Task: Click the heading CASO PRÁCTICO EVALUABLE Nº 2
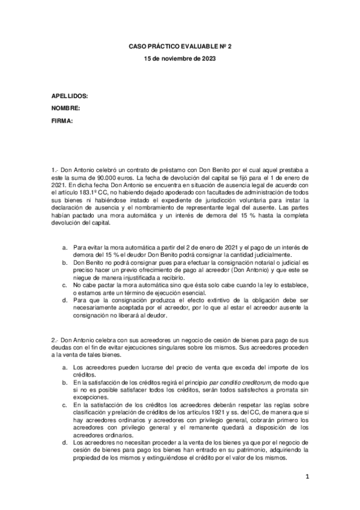[180, 46]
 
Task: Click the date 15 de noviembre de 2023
[180, 58]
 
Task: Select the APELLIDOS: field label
[70, 96]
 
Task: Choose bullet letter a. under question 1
[64, 247]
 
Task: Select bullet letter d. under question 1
[64, 299]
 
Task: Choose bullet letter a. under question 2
[64, 367]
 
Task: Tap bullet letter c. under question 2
[64, 404]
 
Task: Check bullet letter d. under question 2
[64, 441]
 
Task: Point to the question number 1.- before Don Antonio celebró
[55, 171]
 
